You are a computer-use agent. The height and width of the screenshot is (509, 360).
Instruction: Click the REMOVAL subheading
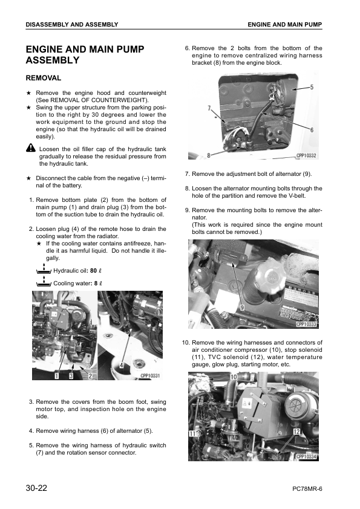coord(44,78)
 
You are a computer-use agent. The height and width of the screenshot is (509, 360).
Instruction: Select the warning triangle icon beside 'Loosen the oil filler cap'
coord(31,149)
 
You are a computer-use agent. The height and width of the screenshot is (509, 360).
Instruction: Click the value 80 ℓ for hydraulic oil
coord(96,270)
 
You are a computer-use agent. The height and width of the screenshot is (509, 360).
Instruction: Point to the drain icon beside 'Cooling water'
coord(44,282)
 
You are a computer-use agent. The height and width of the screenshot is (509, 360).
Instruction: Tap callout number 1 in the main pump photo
coord(56,376)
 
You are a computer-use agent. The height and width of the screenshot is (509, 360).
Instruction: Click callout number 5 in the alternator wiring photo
coord(311,87)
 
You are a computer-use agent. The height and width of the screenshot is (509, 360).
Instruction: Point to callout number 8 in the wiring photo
coord(209,155)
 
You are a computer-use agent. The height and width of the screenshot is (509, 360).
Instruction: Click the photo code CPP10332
coord(306,155)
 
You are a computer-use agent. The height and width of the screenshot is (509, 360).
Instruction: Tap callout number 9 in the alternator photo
coord(241,307)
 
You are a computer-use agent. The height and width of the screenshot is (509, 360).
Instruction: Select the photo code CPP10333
coord(306,324)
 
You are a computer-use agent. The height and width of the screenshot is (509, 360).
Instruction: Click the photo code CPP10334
coord(306,456)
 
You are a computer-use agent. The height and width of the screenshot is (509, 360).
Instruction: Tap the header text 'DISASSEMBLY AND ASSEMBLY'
coord(72,24)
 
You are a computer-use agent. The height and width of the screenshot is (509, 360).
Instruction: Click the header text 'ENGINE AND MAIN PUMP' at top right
coord(284,24)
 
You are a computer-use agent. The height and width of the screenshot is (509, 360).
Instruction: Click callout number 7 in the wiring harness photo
coord(209,109)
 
